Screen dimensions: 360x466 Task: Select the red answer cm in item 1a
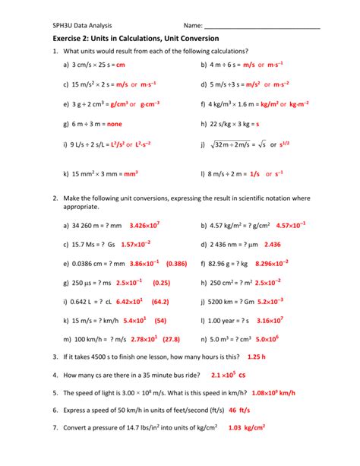pyautogui.click(x=120, y=66)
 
